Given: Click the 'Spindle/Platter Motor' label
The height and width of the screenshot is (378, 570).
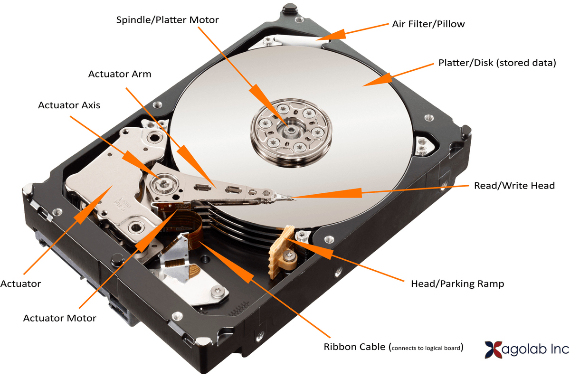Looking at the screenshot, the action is [x=167, y=20].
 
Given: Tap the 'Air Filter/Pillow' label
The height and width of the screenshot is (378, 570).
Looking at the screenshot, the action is [x=428, y=24].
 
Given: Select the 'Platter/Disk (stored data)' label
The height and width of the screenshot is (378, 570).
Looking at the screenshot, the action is [x=497, y=63].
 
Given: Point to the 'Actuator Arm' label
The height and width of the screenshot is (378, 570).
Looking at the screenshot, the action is [x=120, y=74].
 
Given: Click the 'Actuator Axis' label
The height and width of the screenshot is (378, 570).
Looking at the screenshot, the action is [x=69, y=105].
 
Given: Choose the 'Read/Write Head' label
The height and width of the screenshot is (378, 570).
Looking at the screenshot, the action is [x=514, y=186].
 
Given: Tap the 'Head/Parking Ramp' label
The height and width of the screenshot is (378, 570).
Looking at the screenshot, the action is [x=457, y=283].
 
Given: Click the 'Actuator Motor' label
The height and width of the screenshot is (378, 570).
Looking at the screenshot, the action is [x=60, y=318].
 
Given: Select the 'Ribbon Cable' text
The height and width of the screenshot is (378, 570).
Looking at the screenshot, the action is [x=354, y=347].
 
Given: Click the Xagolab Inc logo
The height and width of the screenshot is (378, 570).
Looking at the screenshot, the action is [x=527, y=350].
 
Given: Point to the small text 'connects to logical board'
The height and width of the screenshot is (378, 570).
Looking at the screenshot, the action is [x=426, y=348].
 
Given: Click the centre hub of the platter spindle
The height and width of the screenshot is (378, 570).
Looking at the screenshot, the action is [x=290, y=130].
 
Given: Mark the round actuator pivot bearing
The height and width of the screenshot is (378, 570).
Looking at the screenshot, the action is [x=164, y=183].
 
